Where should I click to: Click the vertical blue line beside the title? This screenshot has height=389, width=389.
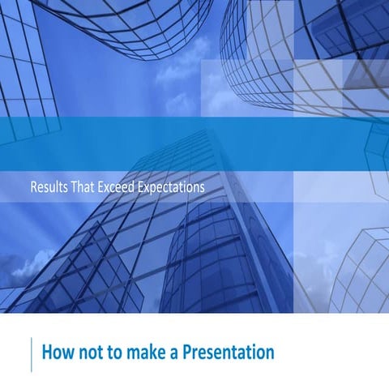(x=32, y=354)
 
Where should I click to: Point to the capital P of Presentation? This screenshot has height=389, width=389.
(x=183, y=353)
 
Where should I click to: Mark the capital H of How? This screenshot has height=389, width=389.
(x=46, y=353)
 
